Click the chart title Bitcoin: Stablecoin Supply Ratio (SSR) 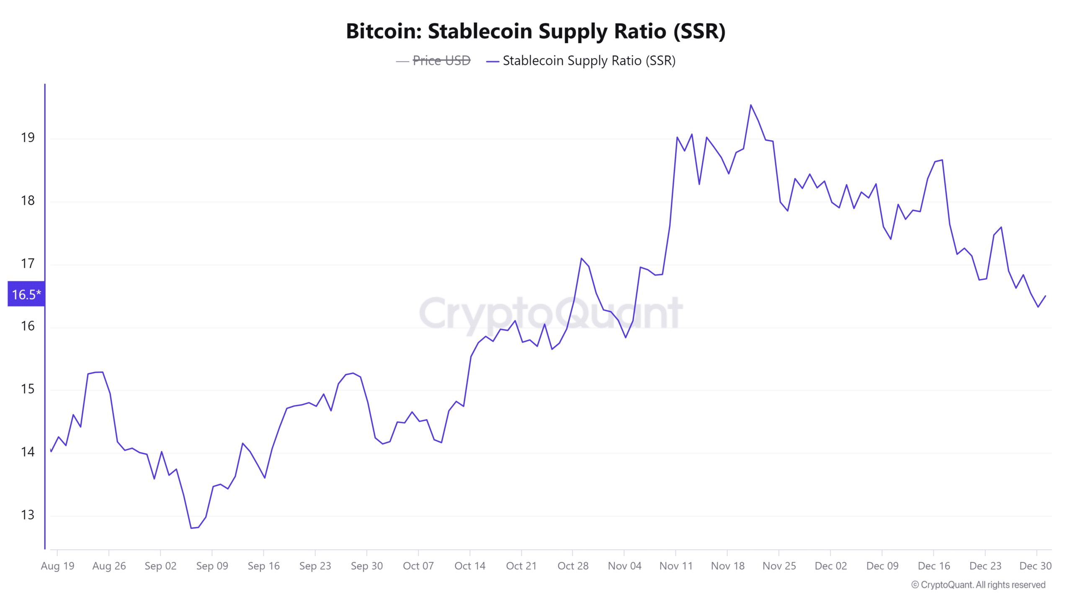(536, 31)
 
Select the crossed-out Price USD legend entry (441, 61)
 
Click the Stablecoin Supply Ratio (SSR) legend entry (588, 61)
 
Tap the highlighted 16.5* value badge (26, 294)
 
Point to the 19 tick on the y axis (28, 138)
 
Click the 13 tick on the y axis (28, 515)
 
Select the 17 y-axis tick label (28, 264)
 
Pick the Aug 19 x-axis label (57, 566)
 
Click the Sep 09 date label (212, 566)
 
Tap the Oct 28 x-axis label (573, 566)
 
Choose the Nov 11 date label (676, 566)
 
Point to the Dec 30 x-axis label (1035, 566)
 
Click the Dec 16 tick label (934, 566)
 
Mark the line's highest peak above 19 (751, 105)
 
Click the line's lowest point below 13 (191, 528)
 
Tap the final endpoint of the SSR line (1046, 296)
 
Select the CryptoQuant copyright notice (978, 585)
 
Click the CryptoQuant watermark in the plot (551, 313)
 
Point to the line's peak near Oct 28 (581, 258)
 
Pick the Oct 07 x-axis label (418, 566)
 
